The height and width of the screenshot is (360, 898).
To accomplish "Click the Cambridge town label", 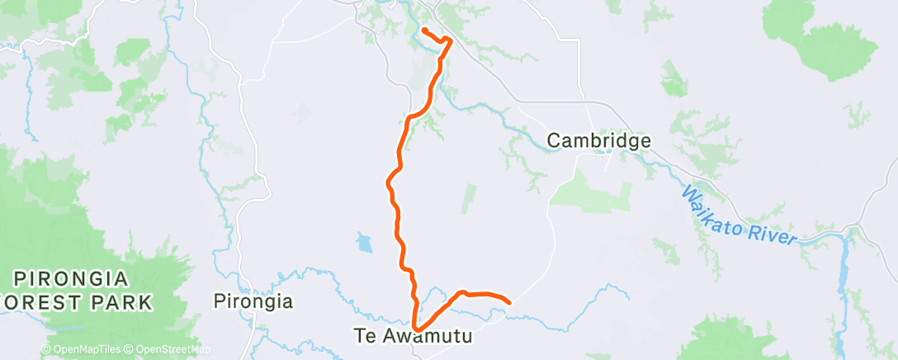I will [x=599, y=141].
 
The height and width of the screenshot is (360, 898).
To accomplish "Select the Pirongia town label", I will [x=253, y=301].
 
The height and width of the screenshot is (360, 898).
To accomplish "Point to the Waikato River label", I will [x=738, y=216].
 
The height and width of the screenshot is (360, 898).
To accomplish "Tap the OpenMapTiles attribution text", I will [x=86, y=350].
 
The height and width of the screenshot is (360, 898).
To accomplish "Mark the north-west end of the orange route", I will [x=423, y=30].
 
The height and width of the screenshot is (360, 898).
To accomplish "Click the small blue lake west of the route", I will [x=364, y=243].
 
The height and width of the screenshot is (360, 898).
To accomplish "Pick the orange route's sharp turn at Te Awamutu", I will [x=415, y=326].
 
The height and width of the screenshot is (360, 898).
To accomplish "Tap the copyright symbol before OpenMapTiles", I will [x=46, y=350].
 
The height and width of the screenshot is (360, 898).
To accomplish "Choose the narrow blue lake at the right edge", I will [x=845, y=264].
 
